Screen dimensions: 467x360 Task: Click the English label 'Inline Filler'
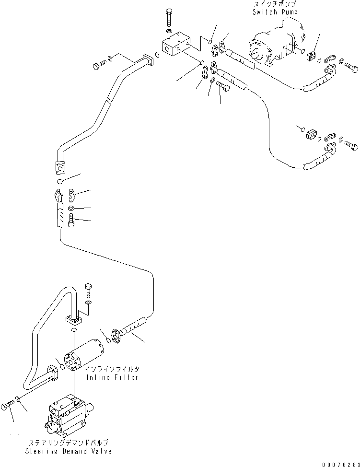point(113,377)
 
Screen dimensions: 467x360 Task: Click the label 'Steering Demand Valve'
point(70,451)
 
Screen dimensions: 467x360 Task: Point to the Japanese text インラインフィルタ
point(113,369)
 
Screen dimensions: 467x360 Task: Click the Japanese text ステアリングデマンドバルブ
point(70,444)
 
